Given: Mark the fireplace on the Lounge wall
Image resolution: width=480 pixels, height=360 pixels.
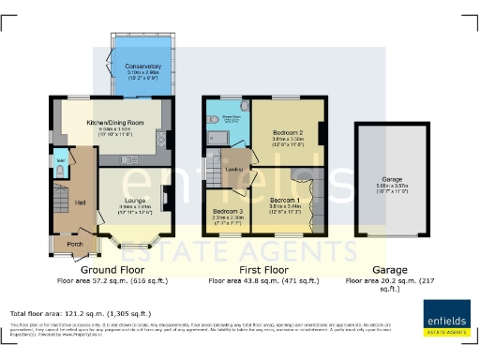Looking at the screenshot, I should coord(166,198).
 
